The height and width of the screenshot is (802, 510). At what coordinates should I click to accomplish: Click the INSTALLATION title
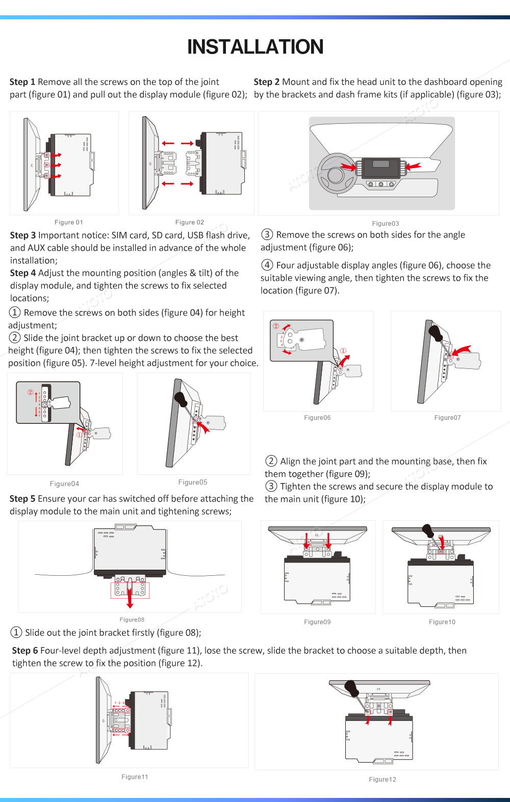click(255, 47)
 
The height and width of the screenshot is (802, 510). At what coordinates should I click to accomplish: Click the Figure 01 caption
click(69, 222)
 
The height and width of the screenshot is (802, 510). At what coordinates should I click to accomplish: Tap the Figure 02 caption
click(190, 222)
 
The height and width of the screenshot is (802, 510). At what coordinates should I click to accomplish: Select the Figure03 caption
click(386, 223)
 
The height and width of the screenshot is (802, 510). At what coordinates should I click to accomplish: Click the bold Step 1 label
click(22, 82)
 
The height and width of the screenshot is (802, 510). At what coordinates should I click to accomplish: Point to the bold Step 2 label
click(267, 82)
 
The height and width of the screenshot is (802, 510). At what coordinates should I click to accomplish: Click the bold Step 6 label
click(25, 651)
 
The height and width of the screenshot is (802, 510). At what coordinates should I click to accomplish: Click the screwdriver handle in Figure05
click(180, 398)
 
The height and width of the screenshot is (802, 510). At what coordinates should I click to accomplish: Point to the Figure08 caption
click(132, 620)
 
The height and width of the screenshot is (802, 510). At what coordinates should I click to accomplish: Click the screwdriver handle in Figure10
click(427, 531)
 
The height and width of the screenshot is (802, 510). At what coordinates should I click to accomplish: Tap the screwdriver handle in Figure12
click(351, 687)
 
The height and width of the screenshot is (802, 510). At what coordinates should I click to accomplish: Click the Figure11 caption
click(135, 777)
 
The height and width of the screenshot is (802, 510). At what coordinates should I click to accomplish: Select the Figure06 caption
click(317, 418)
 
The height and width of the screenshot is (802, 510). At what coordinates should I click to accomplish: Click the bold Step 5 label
click(22, 499)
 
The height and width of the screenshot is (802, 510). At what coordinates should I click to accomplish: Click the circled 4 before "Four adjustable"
click(267, 265)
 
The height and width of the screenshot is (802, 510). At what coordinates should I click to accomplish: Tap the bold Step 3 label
click(23, 235)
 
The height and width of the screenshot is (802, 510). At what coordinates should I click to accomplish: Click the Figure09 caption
click(317, 622)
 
